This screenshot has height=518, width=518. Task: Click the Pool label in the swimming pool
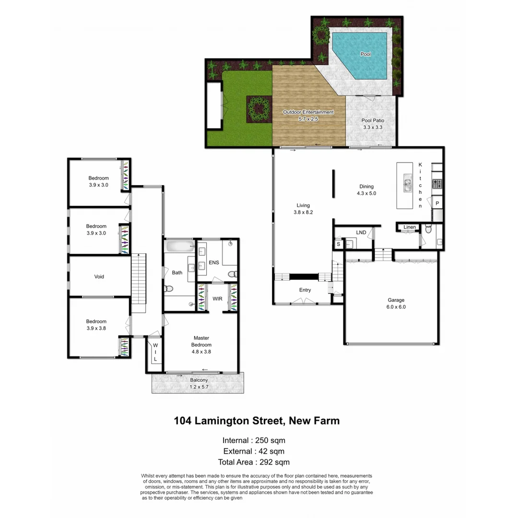(365, 54)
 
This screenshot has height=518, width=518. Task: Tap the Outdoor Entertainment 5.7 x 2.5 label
(308, 115)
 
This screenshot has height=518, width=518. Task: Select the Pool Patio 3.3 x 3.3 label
(373, 124)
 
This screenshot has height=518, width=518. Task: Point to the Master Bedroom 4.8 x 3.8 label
(201, 344)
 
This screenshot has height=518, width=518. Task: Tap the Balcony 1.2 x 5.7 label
(199, 384)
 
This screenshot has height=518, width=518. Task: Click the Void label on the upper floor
(99, 277)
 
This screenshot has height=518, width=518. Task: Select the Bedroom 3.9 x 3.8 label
(96, 325)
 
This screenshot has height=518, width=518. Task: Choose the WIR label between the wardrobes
(217, 299)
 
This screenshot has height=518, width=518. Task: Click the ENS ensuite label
(214, 263)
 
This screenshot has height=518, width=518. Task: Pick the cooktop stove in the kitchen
(437, 183)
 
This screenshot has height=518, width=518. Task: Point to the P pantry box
(437, 203)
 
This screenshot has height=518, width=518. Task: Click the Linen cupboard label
(409, 227)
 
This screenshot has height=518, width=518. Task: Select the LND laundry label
(361, 233)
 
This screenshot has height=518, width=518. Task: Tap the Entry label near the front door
(305, 290)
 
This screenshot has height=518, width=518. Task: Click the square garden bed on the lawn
(259, 109)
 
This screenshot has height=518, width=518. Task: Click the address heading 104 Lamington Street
(257, 421)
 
